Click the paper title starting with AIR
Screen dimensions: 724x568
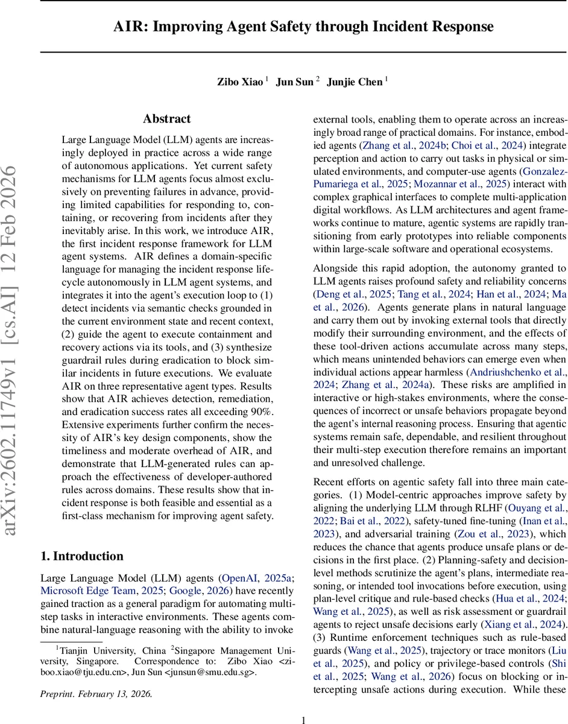pos(305,27)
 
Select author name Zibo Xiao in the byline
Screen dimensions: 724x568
pos(240,82)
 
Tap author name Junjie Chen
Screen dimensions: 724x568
pos(355,82)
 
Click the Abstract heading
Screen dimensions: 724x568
pos(167,119)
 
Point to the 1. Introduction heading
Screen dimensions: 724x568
pos(82,556)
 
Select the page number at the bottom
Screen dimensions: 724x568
pos(304,719)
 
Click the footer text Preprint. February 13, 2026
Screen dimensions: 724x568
pos(96,694)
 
